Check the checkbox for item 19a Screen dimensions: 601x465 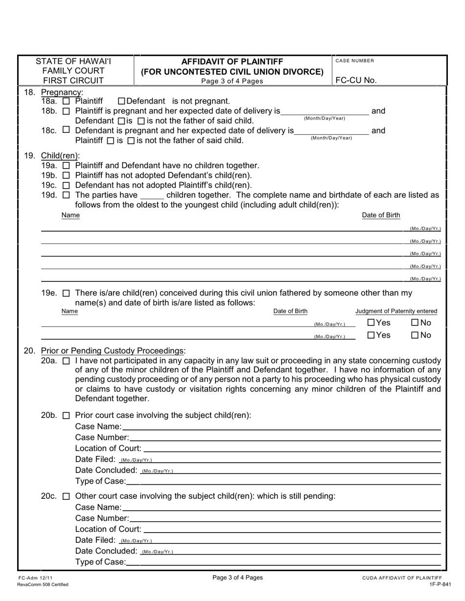[x=67, y=166]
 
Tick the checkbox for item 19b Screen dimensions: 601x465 [x=67, y=175]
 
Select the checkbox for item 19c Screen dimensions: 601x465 [x=67, y=185]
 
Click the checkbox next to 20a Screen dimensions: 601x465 [x=67, y=361]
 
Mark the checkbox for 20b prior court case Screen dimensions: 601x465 [x=67, y=416]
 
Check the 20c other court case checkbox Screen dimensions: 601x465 [x=67, y=496]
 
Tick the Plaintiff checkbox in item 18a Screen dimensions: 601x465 [x=67, y=101]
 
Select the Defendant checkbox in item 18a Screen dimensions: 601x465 [x=122, y=101]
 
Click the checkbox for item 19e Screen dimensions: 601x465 [x=67, y=293]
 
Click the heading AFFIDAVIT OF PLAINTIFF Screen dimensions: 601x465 [x=232, y=62]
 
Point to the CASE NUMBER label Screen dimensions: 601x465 [x=355, y=61]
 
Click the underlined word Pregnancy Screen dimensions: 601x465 [x=62, y=92]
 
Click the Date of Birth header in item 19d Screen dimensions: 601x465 [x=381, y=215]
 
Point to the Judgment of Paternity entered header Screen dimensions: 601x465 [x=396, y=311]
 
